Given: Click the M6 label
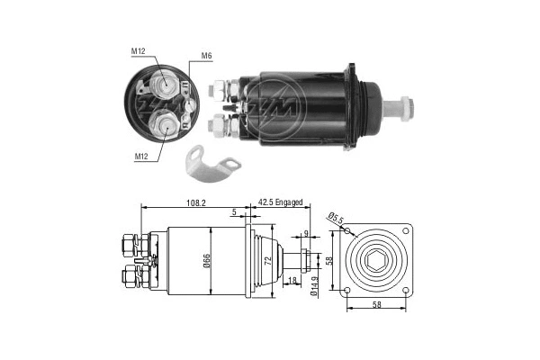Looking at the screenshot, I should point(206,56).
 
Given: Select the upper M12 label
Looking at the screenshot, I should point(139,50).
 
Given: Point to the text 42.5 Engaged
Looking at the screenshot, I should point(281,203).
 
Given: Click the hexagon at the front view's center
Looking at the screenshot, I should point(377,259).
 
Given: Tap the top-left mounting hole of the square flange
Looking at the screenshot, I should point(348,230).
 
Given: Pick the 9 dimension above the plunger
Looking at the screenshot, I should point(305,234).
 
